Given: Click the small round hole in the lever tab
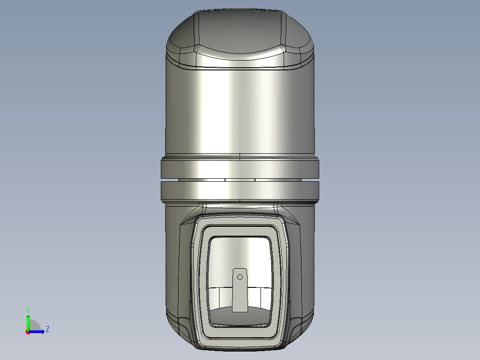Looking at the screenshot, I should point(240,277).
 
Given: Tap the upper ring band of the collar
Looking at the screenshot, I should point(240,168).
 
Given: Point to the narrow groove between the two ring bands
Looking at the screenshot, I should point(240,180).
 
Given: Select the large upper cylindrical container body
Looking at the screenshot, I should point(240,111).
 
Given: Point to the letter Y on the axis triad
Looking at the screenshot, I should point(28,309).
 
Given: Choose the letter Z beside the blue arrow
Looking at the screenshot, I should point(47,329).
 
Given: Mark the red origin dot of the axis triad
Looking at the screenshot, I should point(28,332).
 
